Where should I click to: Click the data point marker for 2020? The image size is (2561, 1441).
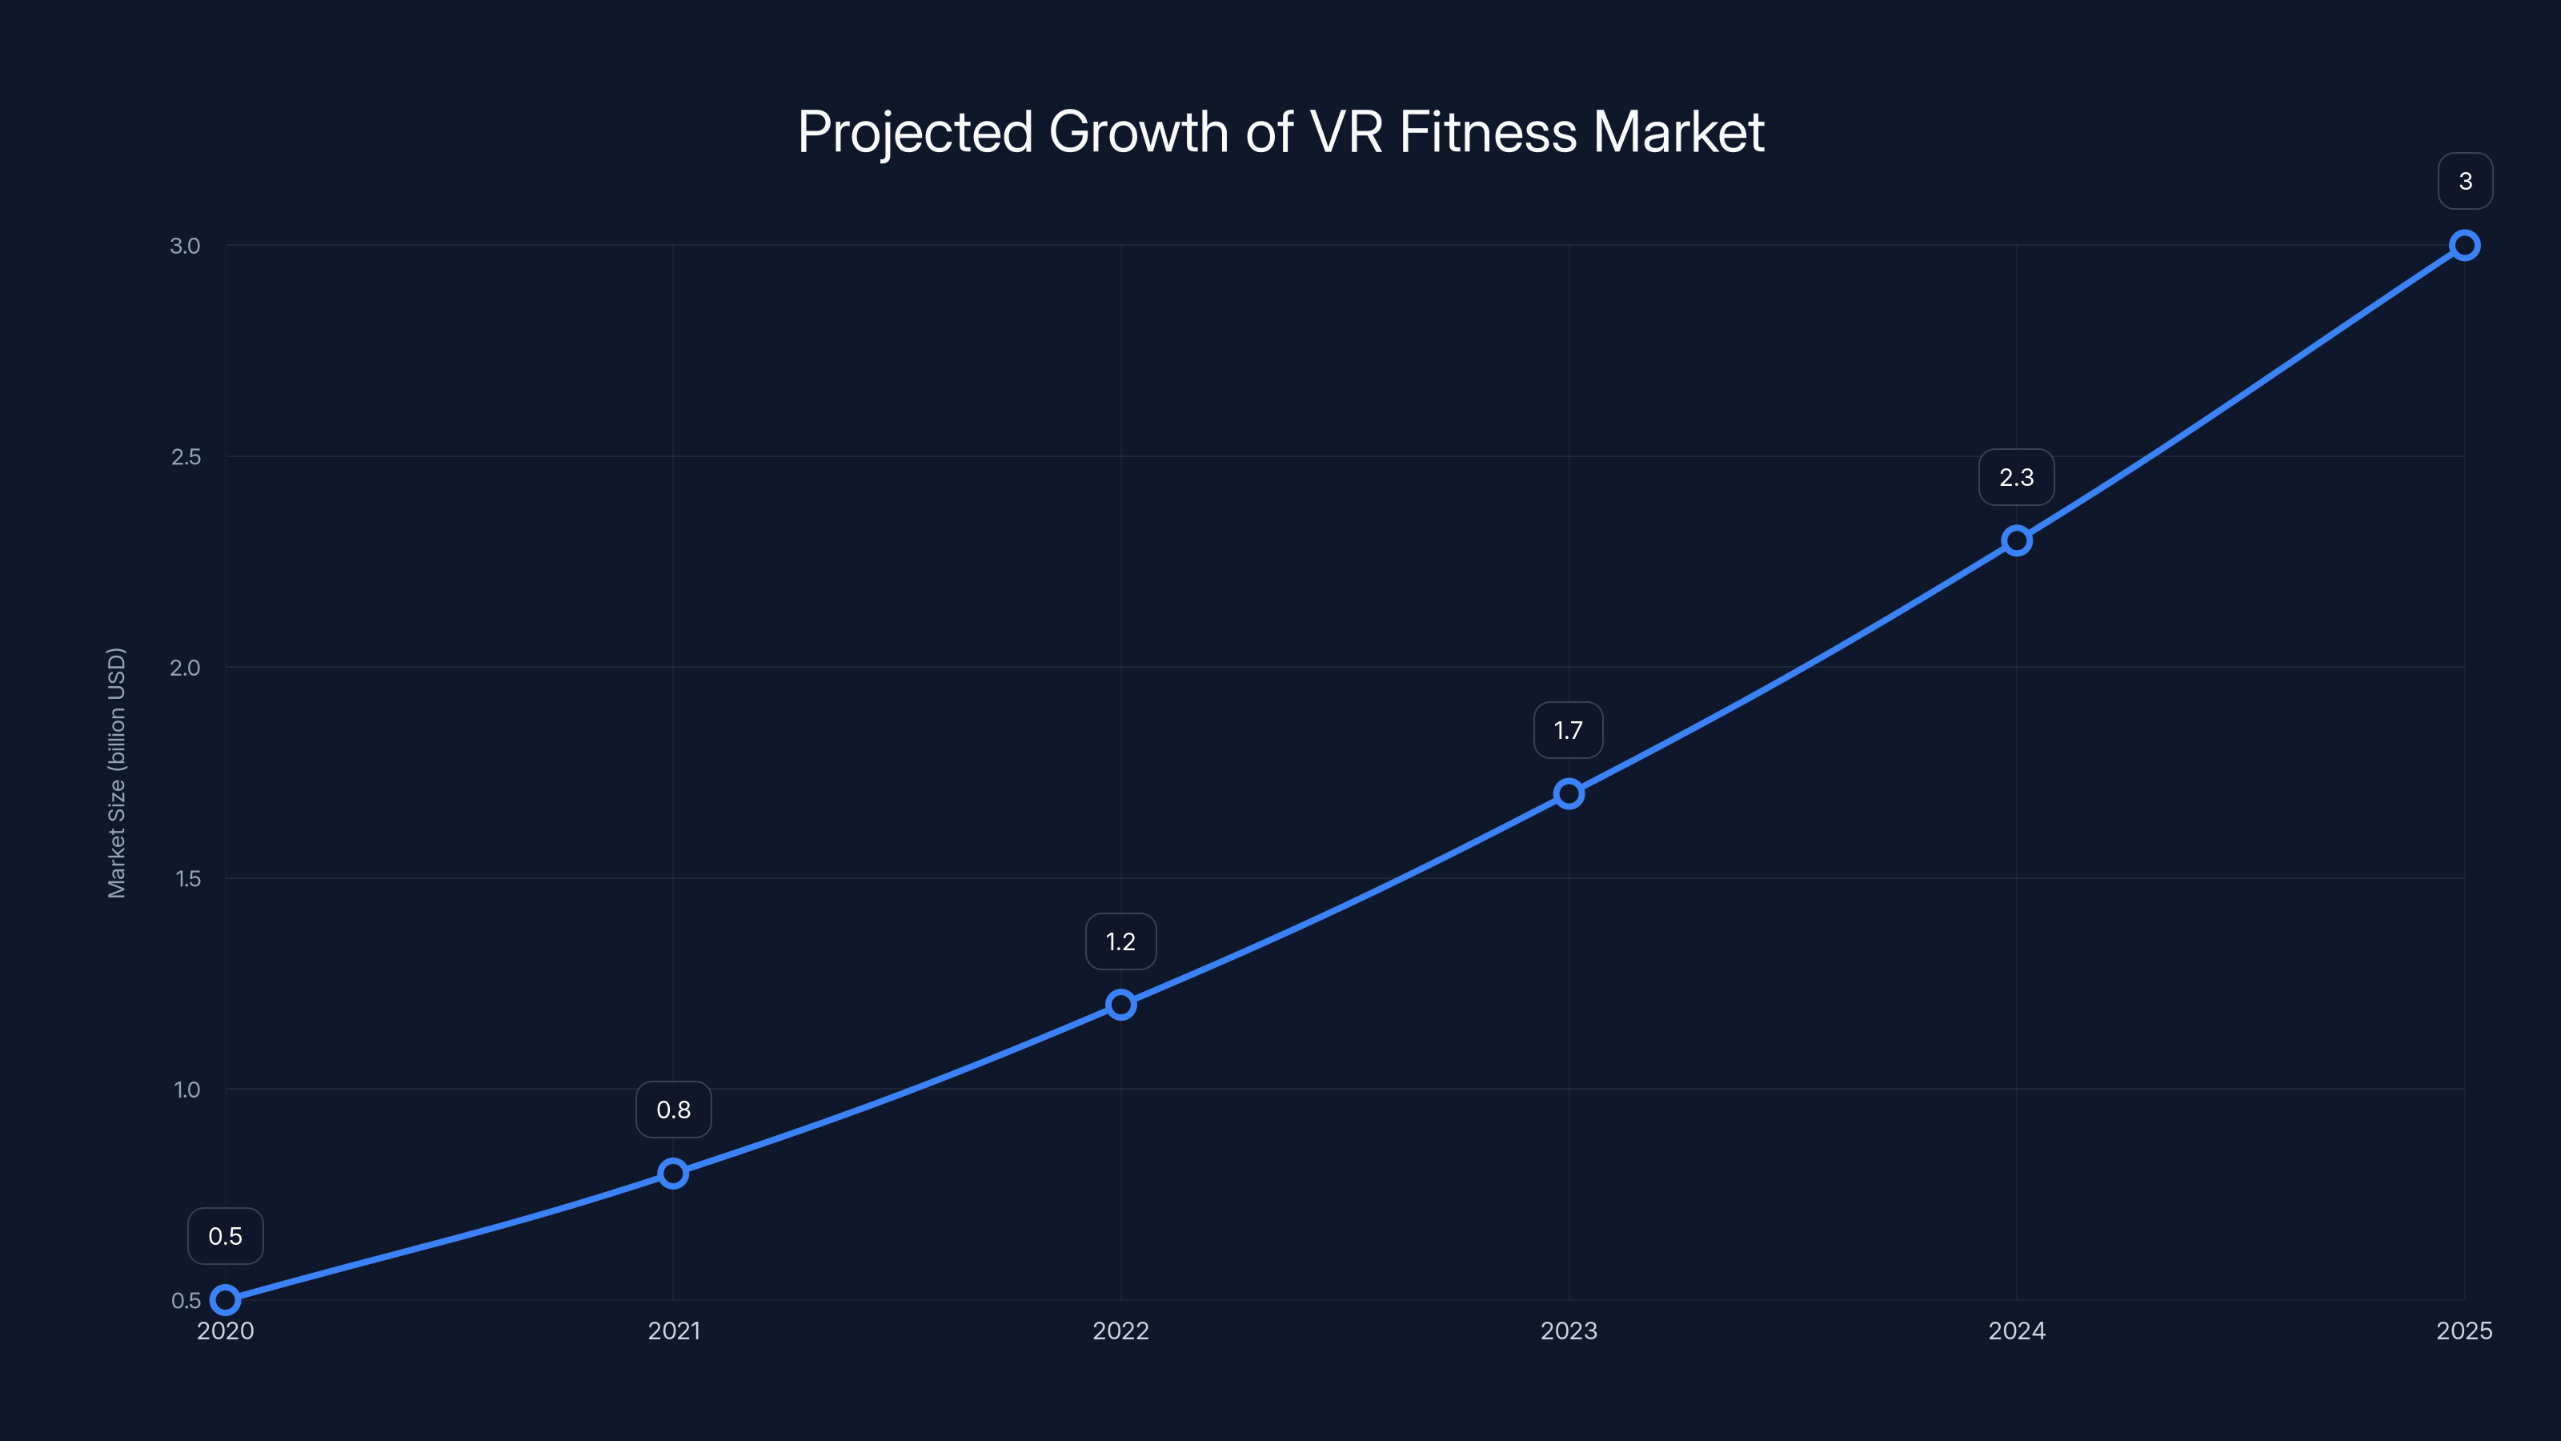pyautogui.click(x=226, y=1300)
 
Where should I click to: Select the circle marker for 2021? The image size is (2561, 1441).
pyautogui.click(x=673, y=1174)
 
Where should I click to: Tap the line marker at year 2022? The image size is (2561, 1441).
pyautogui.click(x=1120, y=1005)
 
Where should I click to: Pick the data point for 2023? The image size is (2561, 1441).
pyautogui.click(x=1569, y=793)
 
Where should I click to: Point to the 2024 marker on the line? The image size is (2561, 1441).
pyautogui.click(x=2016, y=541)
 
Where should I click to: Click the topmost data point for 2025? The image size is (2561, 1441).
pyautogui.click(x=2465, y=245)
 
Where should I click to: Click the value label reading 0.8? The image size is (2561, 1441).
pyautogui.click(x=673, y=1110)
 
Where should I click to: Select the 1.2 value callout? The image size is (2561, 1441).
pyautogui.click(x=1120, y=941)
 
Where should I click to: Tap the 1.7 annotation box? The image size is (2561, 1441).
pyautogui.click(x=1568, y=731)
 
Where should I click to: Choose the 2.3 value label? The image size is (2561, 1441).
pyautogui.click(x=2016, y=477)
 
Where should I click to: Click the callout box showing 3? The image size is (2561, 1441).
pyautogui.click(x=2465, y=181)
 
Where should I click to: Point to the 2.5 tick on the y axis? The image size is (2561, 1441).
pyautogui.click(x=186, y=456)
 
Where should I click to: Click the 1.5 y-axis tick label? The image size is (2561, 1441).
pyautogui.click(x=187, y=878)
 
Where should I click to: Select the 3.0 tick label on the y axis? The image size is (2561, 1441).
pyautogui.click(x=185, y=246)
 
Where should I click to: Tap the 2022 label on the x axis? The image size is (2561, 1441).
pyautogui.click(x=1120, y=1331)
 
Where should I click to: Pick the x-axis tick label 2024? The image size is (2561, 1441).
pyautogui.click(x=2016, y=1331)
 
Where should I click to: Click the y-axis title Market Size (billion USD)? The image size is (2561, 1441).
pyautogui.click(x=116, y=773)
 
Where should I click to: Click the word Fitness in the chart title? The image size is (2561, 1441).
pyautogui.click(x=1489, y=131)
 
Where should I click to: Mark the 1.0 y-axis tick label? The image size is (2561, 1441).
pyautogui.click(x=187, y=1089)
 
